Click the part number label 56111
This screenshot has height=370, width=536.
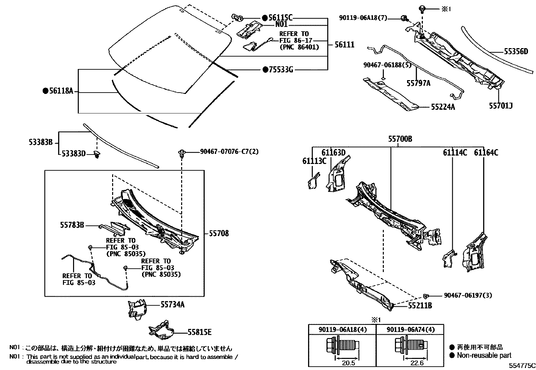coord(344,44)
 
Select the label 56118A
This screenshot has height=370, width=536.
coord(61,91)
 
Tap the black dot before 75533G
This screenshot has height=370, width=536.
coord(265,70)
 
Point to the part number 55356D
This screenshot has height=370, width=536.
coord(516,52)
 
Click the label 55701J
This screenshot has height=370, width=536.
coord(501,106)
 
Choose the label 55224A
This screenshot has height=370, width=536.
coord(443,107)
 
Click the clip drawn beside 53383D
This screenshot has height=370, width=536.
coord(97,155)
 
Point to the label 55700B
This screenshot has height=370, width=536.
coord(400,139)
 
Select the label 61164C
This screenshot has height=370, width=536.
coord(486,153)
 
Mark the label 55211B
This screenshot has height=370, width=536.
coord(420,305)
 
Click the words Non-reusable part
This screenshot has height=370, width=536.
coord(484,356)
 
